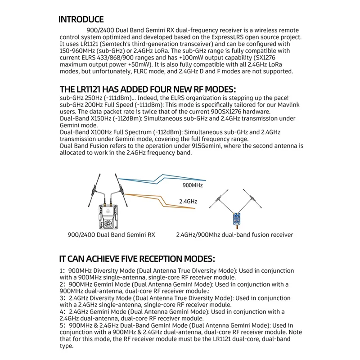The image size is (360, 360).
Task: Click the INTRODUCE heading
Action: click(x=81, y=20)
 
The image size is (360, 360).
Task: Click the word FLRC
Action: click(x=166, y=72)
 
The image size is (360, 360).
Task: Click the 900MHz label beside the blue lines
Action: click(x=193, y=185)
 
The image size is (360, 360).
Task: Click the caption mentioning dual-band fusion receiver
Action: click(x=234, y=235)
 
